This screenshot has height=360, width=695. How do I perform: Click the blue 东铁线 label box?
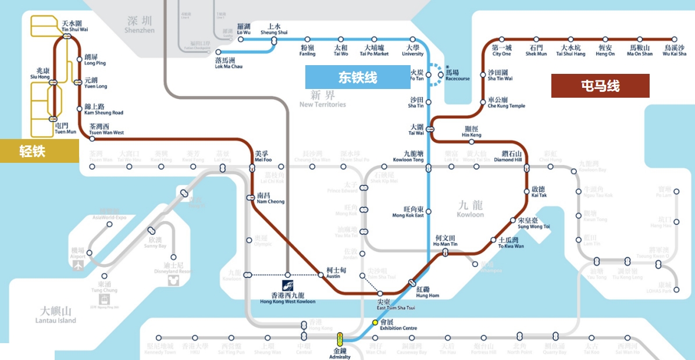(358, 77)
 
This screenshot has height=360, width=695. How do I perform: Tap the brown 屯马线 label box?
(600, 86)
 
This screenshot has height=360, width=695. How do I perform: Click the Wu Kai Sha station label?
(675, 51)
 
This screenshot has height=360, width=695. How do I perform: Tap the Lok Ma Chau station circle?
(219, 52)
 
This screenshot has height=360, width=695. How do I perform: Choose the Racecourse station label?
(457, 76)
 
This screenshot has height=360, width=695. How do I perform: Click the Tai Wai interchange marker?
(430, 129)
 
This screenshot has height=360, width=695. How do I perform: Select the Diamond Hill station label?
(508, 156)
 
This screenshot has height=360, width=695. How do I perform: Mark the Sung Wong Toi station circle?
(512, 220)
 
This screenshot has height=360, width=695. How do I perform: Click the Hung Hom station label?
(427, 292)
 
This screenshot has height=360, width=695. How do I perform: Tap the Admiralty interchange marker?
(340, 338)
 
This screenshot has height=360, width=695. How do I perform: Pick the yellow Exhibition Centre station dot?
(375, 322)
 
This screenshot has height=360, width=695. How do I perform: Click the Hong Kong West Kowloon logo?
(288, 286)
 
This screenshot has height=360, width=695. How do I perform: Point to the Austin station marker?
(321, 275)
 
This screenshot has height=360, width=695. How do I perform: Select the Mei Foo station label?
(263, 156)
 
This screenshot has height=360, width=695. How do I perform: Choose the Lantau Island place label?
(56, 315)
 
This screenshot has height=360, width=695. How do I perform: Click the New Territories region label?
(323, 99)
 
